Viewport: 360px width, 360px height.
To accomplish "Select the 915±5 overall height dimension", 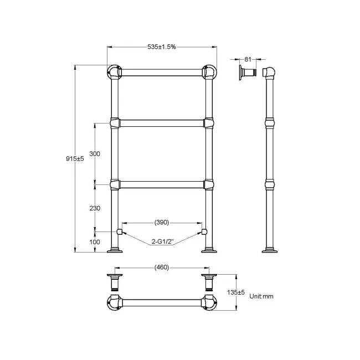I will (74, 159).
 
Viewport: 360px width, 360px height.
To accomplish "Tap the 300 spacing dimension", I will (94, 154).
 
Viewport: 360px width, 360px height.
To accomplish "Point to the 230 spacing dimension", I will (94, 208).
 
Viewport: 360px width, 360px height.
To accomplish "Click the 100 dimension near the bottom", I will (94, 242).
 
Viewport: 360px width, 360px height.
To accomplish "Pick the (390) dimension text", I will (161, 222).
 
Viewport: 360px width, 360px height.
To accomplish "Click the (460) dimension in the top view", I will (161, 268).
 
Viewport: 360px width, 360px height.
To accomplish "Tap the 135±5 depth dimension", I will (239, 292).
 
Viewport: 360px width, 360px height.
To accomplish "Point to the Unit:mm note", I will (261, 296).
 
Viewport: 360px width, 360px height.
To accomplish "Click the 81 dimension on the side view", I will (248, 58).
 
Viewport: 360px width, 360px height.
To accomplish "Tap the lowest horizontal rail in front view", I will (161, 184).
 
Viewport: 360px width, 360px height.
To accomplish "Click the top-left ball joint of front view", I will (114, 73).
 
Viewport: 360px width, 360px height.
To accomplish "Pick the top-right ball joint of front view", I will (209, 73).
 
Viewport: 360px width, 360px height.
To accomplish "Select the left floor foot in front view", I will (115, 252).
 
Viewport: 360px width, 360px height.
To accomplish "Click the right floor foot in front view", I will (209, 252).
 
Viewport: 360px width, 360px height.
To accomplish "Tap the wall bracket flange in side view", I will (241, 73).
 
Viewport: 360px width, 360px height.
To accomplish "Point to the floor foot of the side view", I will (271, 252).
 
